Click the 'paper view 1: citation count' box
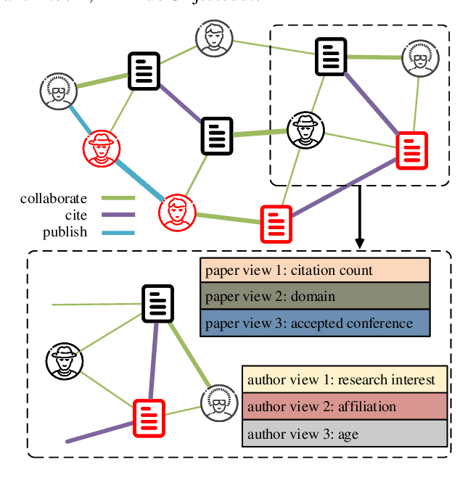(315, 271)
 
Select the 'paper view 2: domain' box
(315, 297)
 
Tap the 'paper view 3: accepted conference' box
(315, 323)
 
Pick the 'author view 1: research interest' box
(345, 379)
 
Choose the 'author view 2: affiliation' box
(345, 406)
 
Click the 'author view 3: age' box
(345, 434)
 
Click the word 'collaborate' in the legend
(54, 199)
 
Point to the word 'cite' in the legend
(75, 215)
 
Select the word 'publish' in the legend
(65, 233)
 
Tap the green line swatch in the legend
(118, 198)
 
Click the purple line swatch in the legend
(118, 215)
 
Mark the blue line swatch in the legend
(118, 233)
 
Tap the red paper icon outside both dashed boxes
(276, 223)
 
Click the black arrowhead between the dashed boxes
(358, 241)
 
